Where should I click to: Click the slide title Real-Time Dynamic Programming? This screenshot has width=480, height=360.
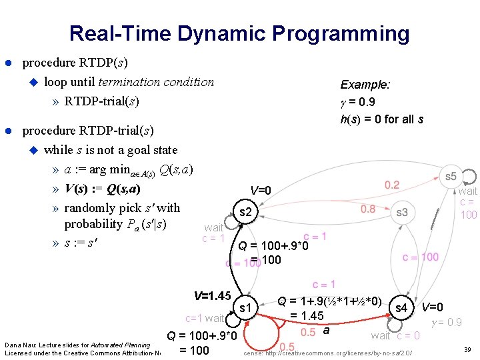click(x=239, y=33)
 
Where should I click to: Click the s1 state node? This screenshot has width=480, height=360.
click(x=245, y=308)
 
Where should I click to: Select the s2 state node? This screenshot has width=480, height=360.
click(x=245, y=213)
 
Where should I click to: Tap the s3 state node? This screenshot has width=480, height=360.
click(x=401, y=213)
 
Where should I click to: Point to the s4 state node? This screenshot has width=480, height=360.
click(x=401, y=308)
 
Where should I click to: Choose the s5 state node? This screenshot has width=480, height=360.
click(x=451, y=177)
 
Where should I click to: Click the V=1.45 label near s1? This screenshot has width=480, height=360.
click(x=212, y=295)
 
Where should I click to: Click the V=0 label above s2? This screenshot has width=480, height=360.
click(x=261, y=191)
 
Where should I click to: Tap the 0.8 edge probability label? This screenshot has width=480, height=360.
click(x=368, y=209)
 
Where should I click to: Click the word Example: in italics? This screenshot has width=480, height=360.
click(x=365, y=85)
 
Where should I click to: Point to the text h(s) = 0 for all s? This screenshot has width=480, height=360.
click(x=381, y=119)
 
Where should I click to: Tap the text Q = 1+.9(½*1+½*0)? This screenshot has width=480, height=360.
click(x=329, y=302)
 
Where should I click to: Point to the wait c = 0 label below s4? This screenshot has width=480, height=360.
click(x=395, y=335)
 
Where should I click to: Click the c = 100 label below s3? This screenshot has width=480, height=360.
click(x=420, y=257)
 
